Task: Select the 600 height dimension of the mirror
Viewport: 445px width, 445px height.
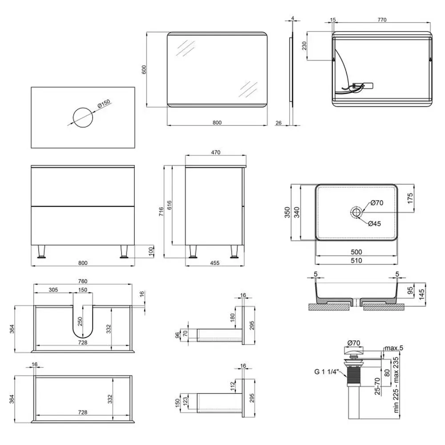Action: [144, 70]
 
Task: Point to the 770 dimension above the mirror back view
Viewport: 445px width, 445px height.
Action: [382, 20]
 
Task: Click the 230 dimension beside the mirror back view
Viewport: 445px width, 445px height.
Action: [304, 46]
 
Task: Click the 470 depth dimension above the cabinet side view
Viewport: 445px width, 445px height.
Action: [216, 152]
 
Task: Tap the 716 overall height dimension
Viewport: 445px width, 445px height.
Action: [161, 211]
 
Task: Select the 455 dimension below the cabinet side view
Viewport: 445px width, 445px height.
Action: [215, 263]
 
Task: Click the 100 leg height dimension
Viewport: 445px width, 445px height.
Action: [151, 251]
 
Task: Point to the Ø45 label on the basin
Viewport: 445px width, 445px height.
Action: [374, 224]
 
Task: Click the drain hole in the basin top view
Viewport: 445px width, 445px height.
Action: [356, 212]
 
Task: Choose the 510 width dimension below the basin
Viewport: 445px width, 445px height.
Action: [356, 260]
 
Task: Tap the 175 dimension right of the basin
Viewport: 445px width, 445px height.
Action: [410, 198]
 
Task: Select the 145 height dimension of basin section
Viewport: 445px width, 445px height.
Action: [421, 294]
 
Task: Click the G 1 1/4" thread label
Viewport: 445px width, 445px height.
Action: [327, 372]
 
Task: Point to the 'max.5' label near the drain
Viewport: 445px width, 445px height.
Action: [394, 348]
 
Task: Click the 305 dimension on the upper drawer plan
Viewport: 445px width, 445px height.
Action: [53, 290]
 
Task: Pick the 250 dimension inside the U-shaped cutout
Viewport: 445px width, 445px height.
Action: [80, 321]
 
